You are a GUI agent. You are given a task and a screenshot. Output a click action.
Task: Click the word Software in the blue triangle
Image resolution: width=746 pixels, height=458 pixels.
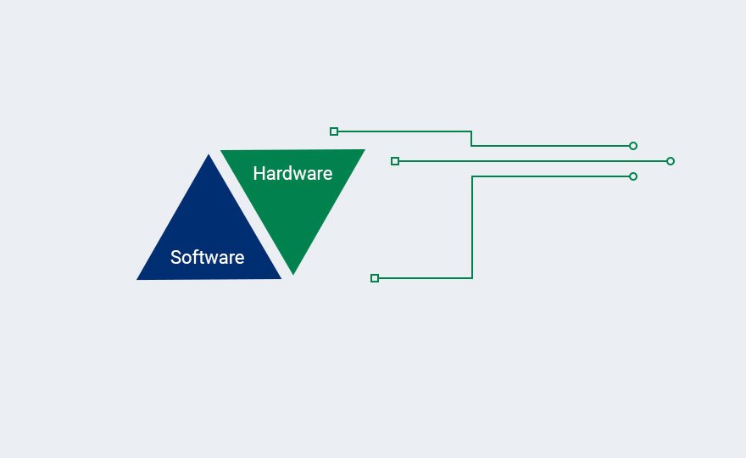(x=208, y=257)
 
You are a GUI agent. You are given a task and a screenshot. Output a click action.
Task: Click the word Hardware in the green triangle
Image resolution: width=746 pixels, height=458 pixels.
(x=292, y=173)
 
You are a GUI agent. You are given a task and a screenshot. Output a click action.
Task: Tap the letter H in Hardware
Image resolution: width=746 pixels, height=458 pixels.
(x=259, y=173)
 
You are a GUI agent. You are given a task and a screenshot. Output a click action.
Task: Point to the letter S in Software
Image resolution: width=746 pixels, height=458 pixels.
(x=176, y=257)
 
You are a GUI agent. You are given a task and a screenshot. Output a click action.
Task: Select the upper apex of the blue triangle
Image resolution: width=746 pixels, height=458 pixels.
(x=209, y=154)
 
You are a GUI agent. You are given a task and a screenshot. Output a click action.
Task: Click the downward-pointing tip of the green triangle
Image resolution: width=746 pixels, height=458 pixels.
(x=293, y=275)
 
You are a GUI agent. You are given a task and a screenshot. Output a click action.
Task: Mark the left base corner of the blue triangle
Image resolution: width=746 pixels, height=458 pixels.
(x=137, y=280)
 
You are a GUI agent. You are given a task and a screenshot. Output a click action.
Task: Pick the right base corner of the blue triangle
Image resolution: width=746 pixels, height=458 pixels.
(x=281, y=278)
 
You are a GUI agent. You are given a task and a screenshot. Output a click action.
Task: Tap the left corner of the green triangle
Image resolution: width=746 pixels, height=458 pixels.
(x=220, y=150)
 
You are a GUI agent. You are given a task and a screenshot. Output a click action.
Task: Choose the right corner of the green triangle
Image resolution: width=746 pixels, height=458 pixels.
(x=365, y=149)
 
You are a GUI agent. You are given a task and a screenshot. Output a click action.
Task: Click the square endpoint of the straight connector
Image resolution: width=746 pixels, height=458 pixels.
(x=395, y=161)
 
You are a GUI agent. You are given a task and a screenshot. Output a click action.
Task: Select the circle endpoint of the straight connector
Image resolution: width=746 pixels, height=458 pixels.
(x=671, y=161)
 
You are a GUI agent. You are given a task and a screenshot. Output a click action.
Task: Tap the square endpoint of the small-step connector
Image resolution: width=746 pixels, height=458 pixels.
(x=334, y=131)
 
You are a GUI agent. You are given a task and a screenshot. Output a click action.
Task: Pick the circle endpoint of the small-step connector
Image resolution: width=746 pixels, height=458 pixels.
(x=632, y=146)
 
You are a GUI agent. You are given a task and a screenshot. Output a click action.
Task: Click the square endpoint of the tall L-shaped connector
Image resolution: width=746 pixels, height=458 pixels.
(x=375, y=278)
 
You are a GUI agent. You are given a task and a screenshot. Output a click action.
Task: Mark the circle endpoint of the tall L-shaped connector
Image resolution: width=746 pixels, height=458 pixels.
(x=632, y=176)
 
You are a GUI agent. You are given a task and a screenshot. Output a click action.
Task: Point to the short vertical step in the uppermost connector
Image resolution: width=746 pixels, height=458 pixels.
(x=471, y=138)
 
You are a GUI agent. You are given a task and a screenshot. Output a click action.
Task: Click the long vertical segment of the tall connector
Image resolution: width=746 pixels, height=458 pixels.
(x=472, y=227)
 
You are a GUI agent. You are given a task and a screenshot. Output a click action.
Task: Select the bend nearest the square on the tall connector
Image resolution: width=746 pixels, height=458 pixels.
(x=472, y=278)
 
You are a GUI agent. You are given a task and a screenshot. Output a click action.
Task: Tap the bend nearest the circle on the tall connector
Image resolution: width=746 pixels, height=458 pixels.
(x=472, y=176)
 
